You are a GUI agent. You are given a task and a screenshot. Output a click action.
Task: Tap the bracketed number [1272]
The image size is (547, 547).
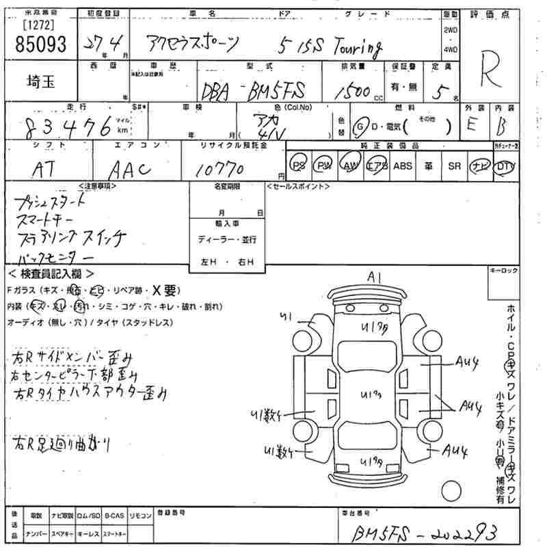pyautogui.click(x=40, y=26)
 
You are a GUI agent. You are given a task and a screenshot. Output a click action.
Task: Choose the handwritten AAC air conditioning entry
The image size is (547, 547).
pyautogui.click(x=130, y=168)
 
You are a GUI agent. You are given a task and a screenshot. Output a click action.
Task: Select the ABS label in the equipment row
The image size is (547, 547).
pyautogui.click(x=403, y=166)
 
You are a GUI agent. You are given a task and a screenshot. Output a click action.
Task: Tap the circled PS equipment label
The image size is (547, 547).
pyautogui.click(x=298, y=166)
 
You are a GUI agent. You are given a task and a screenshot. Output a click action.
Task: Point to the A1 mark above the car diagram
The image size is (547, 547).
pyautogui.click(x=374, y=277)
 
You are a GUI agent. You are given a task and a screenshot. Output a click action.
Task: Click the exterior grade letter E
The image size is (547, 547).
pyautogui.click(x=471, y=126)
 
